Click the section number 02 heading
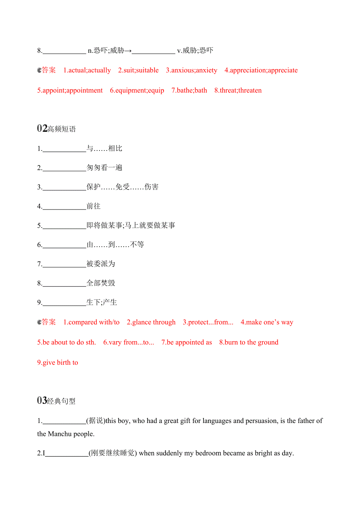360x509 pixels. click(x=42, y=129)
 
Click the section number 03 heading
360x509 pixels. click(x=42, y=401)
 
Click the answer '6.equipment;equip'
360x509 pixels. click(x=137, y=90)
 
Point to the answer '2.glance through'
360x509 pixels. click(x=151, y=322)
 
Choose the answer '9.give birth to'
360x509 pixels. click(x=58, y=362)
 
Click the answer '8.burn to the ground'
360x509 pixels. click(x=249, y=342)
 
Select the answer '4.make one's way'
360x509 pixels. click(x=267, y=322)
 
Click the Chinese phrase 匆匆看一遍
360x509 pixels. click(x=104, y=168)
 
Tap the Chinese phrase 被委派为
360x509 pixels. click(x=101, y=264)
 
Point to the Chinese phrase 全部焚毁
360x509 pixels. click(x=101, y=283)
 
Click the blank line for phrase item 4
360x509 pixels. click(x=64, y=207)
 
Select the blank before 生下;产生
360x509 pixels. click(x=64, y=303)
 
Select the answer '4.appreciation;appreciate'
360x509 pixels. click(x=261, y=70)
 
